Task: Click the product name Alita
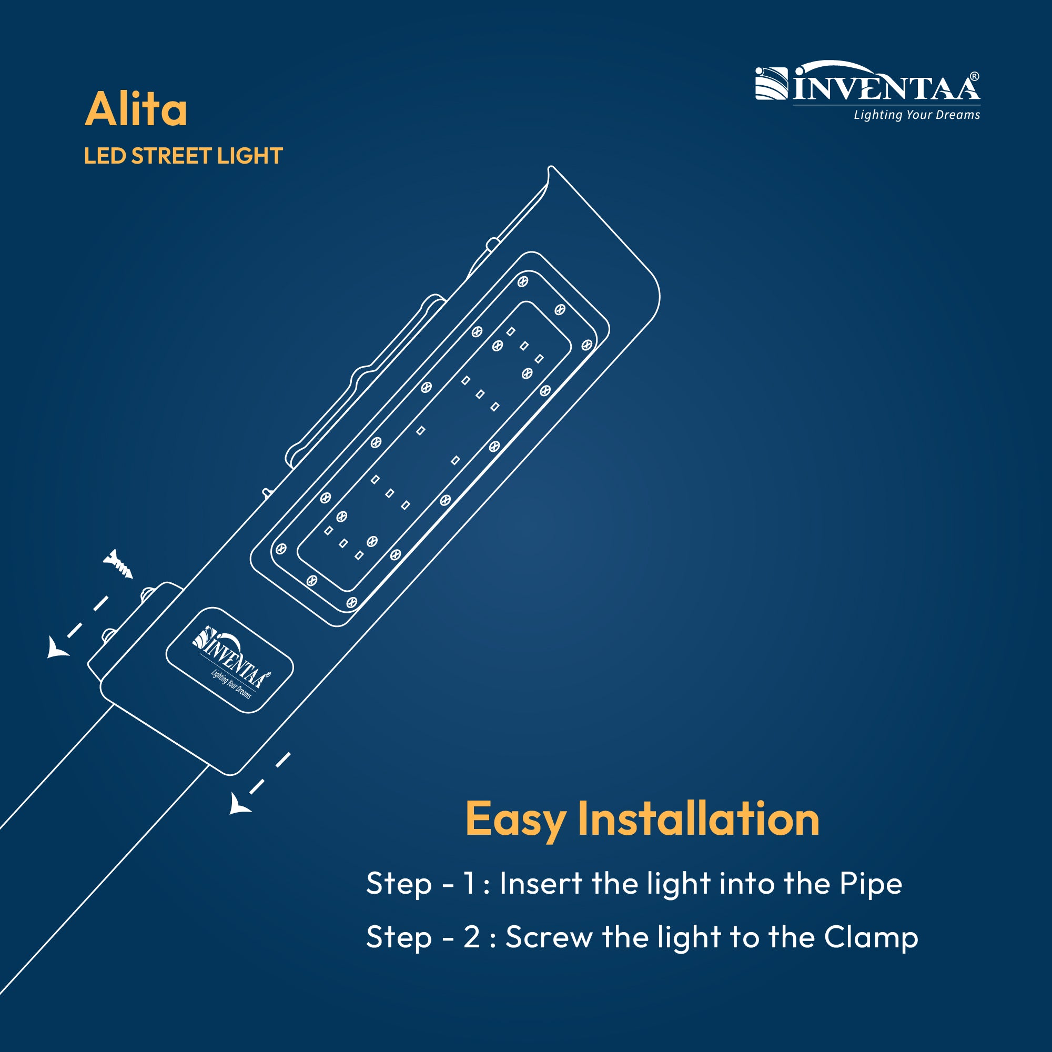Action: [x=136, y=109]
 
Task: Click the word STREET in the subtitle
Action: [x=171, y=156]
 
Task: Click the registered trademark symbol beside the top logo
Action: [x=975, y=77]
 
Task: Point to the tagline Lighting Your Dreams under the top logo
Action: [x=917, y=115]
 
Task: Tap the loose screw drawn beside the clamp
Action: [x=118, y=564]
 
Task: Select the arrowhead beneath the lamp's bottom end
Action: [x=238, y=804]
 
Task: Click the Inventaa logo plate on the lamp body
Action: [x=229, y=660]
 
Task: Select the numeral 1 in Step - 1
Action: [x=469, y=883]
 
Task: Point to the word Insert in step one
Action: [x=541, y=883]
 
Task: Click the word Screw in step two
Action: [x=549, y=937]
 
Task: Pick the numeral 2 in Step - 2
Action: [x=471, y=937]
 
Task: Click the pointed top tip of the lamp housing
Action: [x=551, y=167]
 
